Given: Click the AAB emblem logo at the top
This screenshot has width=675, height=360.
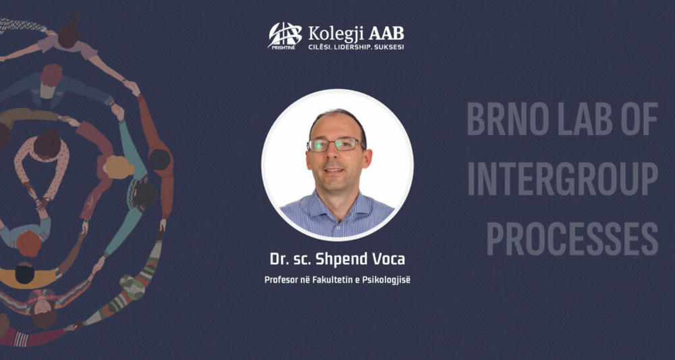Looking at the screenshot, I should point(285,35).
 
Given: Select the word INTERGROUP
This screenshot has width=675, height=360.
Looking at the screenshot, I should point(562,178).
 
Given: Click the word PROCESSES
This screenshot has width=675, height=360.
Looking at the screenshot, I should point(572,238).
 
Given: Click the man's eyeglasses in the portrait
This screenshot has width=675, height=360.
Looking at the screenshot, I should point(335,144).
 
